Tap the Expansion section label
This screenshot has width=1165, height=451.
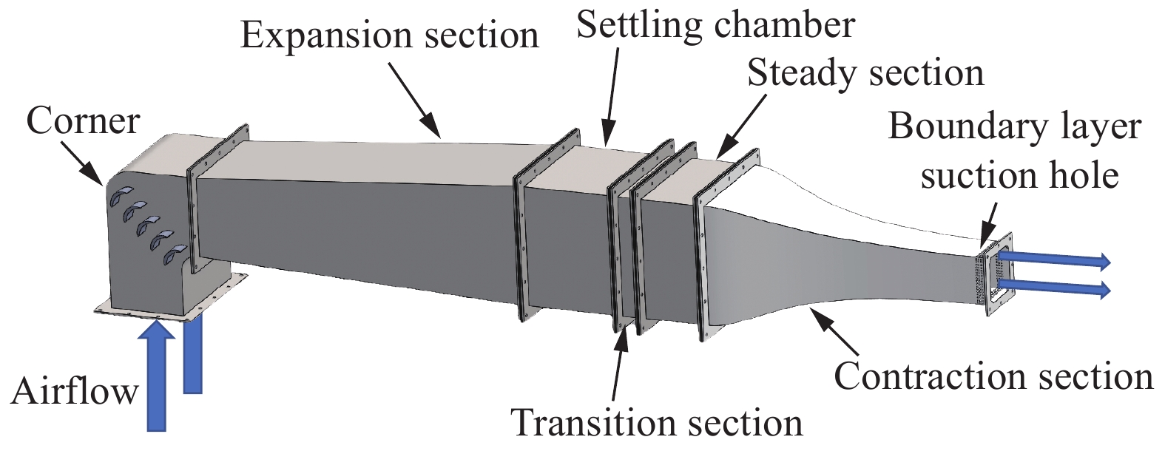click(390, 35)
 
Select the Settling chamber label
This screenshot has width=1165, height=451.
click(715, 24)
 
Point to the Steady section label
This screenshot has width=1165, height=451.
click(865, 74)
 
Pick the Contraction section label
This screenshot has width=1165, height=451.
click(993, 376)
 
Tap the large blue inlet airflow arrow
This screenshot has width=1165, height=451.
click(156, 377)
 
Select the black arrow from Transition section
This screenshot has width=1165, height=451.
click(620, 362)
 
